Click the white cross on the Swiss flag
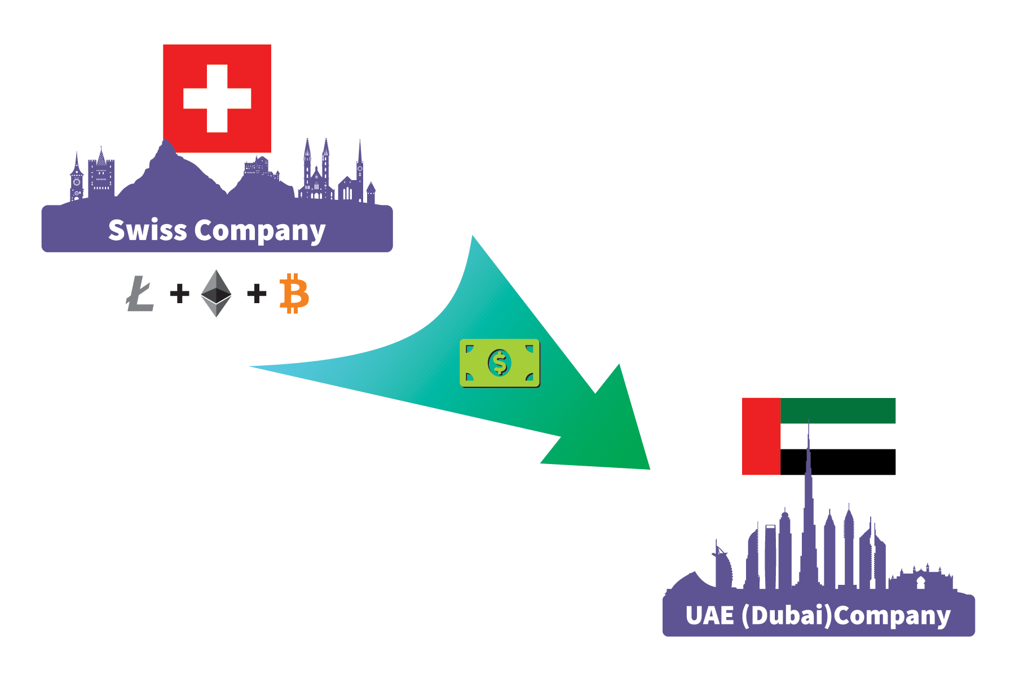coord(217,98)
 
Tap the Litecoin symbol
coord(140,294)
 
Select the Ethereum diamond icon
coord(217,293)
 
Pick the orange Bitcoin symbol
coord(294,294)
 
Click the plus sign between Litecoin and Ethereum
coord(179,294)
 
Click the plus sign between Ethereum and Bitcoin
coord(257,294)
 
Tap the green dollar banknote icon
coord(500,363)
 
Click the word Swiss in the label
coord(147,230)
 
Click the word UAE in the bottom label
coord(710,616)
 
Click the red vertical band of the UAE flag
coord(761,436)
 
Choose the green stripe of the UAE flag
coord(838,410)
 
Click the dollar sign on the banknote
coord(500,363)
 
